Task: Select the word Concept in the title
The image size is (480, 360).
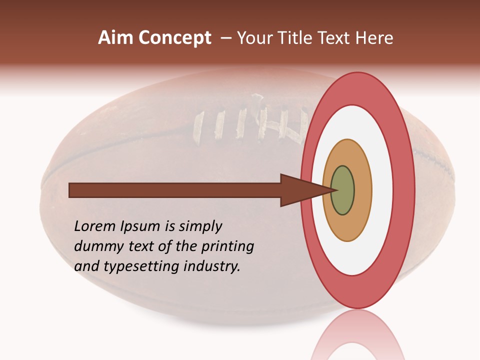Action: point(174,37)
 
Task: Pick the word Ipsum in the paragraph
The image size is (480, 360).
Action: point(140,227)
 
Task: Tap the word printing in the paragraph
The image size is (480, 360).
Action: point(227,247)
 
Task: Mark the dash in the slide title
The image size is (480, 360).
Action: point(225,37)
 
